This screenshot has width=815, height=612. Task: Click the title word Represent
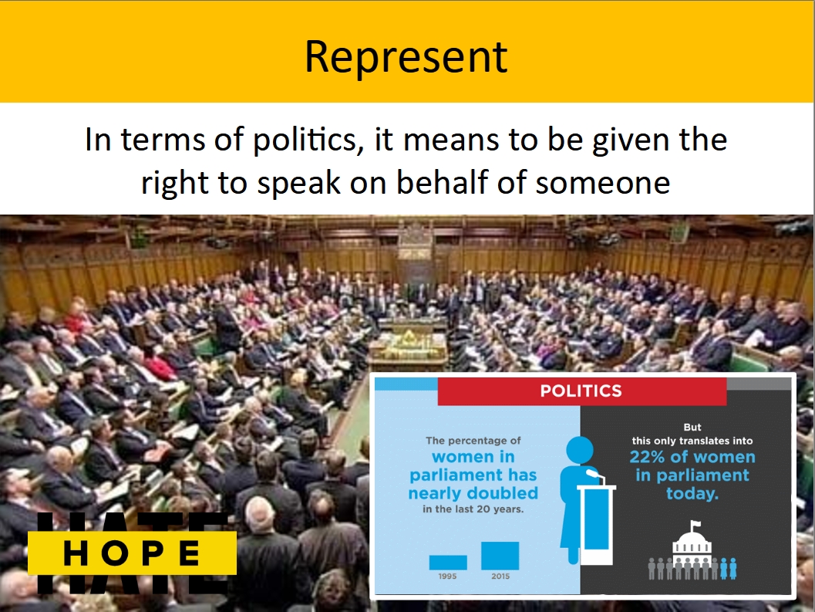pyautogui.click(x=406, y=57)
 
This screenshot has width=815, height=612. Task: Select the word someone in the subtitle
pyautogui.click(x=603, y=183)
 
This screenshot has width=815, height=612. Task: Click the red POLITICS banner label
pyautogui.click(x=581, y=391)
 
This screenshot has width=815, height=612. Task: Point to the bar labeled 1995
pyautogui.click(x=447, y=562)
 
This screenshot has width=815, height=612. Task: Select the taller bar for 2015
pyautogui.click(x=500, y=555)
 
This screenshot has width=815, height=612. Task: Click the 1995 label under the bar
pyautogui.click(x=447, y=576)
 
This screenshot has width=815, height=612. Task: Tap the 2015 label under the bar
pyautogui.click(x=500, y=576)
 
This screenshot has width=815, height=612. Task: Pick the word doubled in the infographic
pyautogui.click(x=502, y=493)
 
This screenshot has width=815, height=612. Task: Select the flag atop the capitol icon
pyautogui.click(x=695, y=524)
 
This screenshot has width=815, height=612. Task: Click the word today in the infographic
pyautogui.click(x=692, y=493)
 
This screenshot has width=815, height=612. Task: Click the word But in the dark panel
pyautogui.click(x=692, y=428)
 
